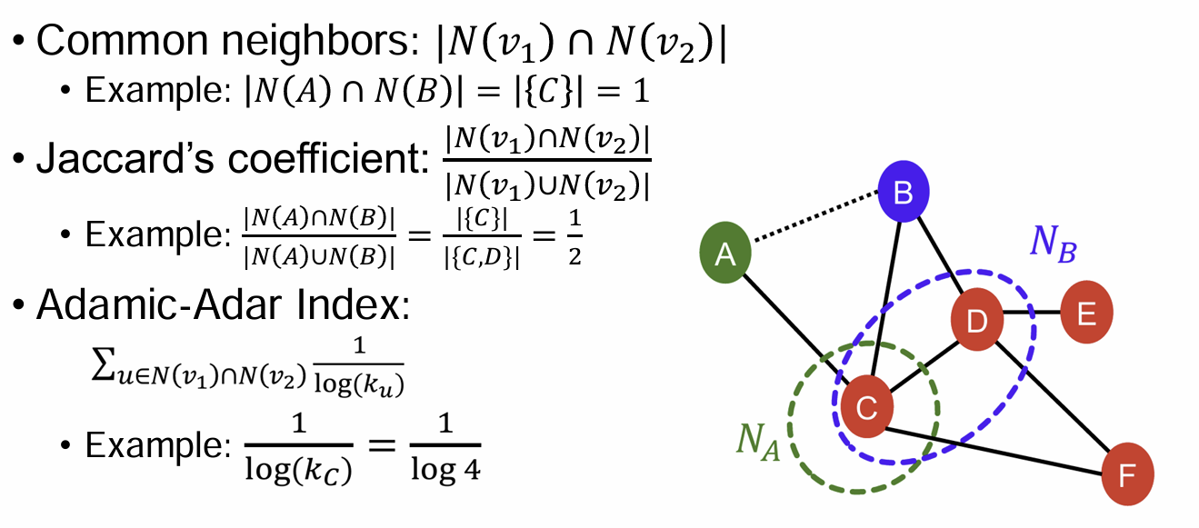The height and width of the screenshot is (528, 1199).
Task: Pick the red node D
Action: [975, 319]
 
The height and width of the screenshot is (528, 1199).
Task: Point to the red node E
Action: [1085, 314]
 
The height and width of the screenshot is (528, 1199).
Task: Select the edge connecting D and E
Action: [1031, 314]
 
